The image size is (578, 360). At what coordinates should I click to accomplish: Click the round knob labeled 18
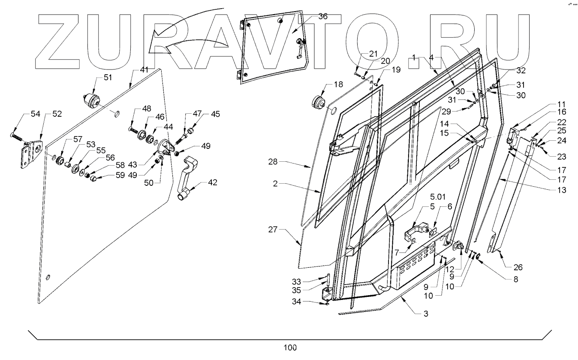[319, 103]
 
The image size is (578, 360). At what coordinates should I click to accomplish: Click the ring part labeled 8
[478, 257]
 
